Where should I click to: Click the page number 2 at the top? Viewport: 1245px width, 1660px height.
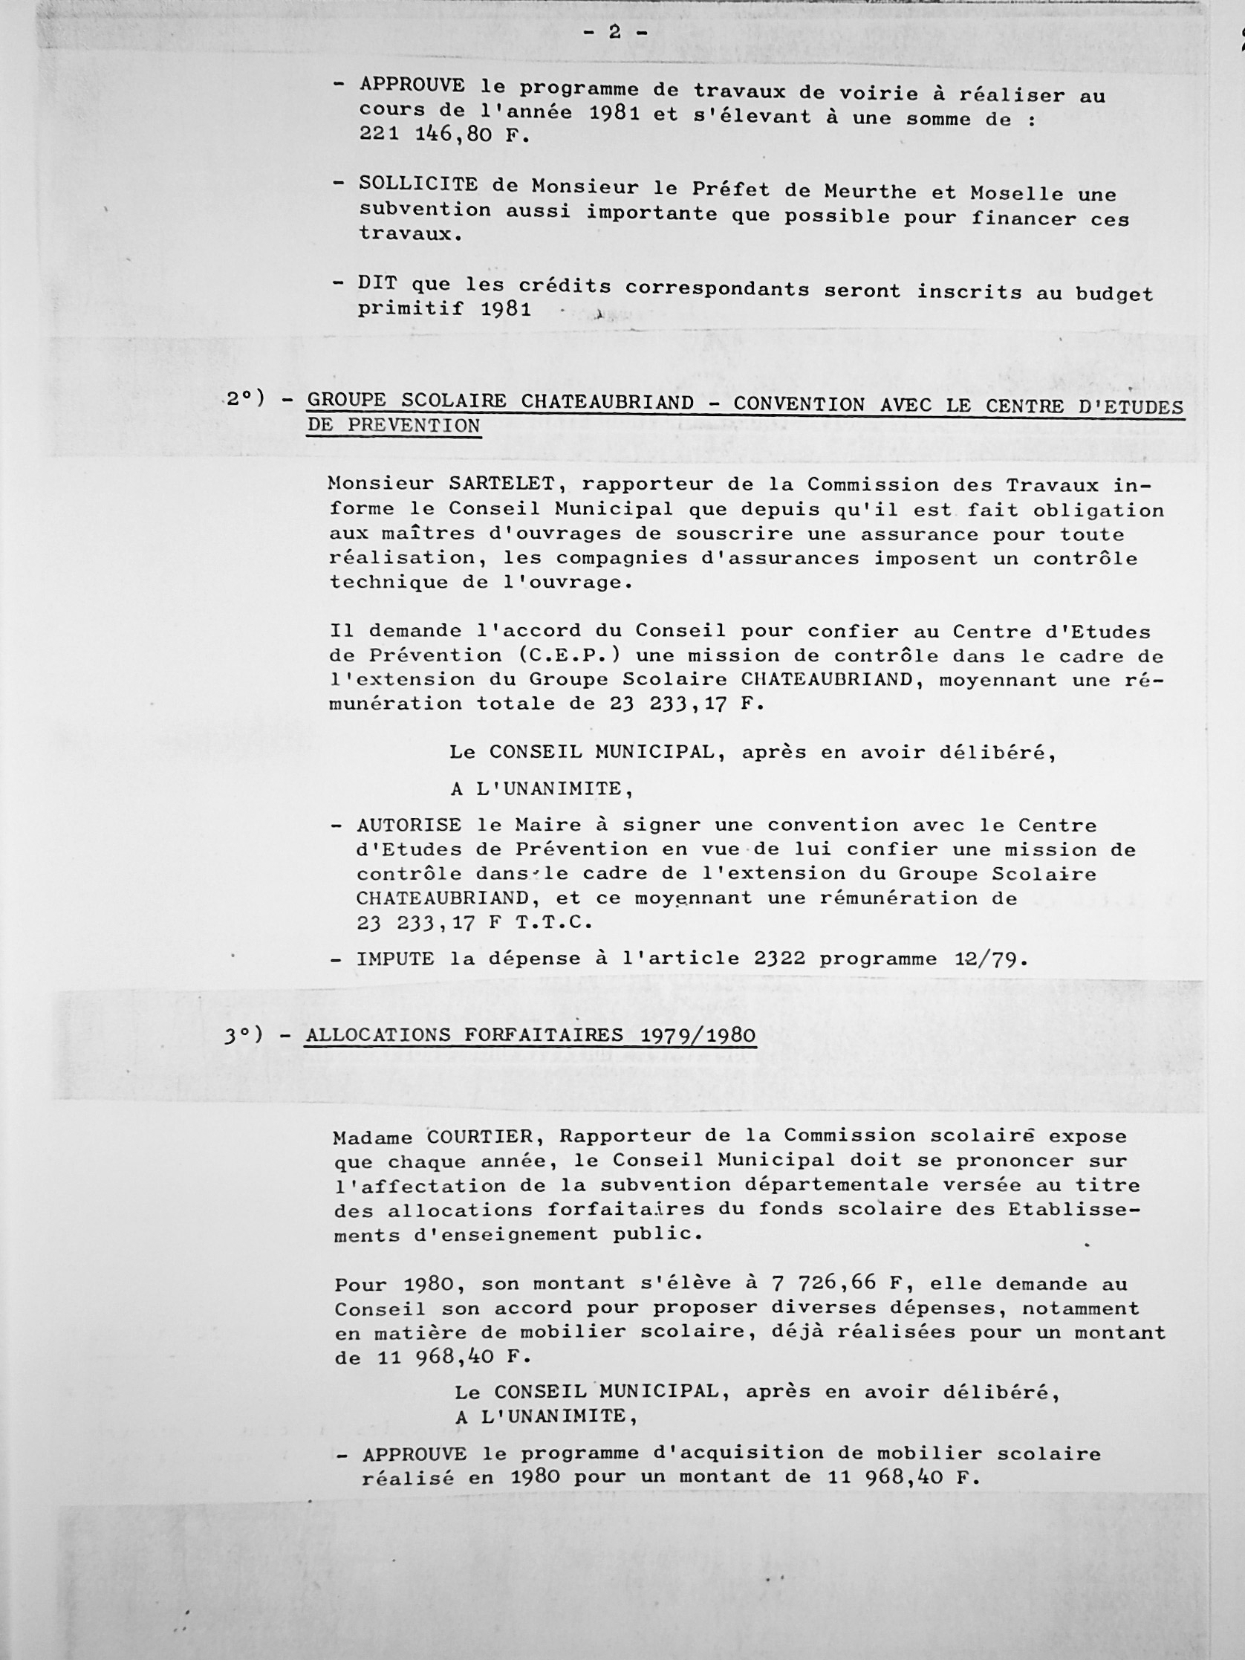pos(614,32)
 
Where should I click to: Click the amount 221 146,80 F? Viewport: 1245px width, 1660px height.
pos(444,136)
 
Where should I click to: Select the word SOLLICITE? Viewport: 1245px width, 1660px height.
pos(418,184)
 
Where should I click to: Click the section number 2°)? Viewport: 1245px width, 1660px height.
pos(246,398)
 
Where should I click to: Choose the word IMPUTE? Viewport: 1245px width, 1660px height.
pos(394,959)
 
